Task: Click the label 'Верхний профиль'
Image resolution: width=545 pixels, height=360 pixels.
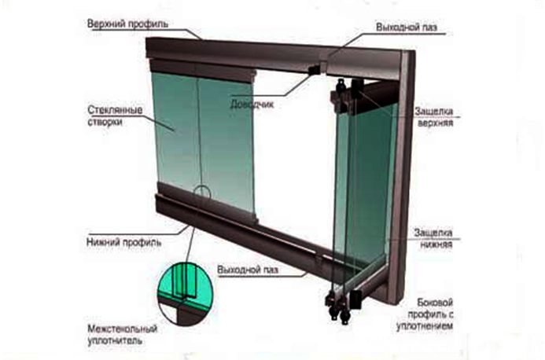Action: [x=127, y=24]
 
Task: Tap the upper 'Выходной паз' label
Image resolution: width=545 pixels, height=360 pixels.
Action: [x=407, y=27]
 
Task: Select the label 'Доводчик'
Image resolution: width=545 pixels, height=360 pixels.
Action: [x=252, y=104]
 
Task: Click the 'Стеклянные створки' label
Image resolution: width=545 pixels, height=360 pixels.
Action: [x=115, y=116]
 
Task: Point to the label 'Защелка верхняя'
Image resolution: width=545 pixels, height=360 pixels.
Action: [x=434, y=117]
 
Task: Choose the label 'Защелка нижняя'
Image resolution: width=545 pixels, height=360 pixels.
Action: [x=433, y=238]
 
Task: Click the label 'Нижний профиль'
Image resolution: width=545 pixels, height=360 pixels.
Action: [x=123, y=242]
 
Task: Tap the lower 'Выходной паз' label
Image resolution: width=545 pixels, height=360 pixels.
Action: [x=248, y=270]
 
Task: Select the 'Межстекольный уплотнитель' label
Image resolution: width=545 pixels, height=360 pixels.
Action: [x=123, y=334]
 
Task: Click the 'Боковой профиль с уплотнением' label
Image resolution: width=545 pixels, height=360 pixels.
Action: [x=425, y=314]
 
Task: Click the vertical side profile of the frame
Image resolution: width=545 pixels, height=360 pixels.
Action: [x=401, y=174]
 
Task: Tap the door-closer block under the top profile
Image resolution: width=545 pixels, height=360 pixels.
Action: [x=315, y=69]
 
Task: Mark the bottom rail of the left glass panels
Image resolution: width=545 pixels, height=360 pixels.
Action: [x=208, y=202]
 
